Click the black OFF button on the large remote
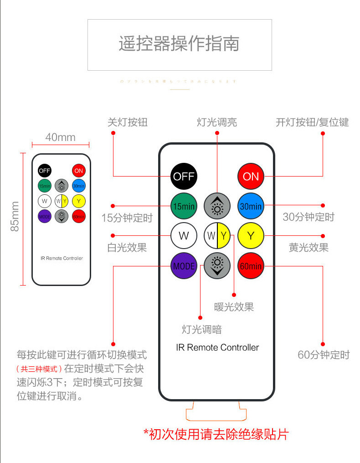[184, 176]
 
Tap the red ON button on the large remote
[251, 176]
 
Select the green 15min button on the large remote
[184, 206]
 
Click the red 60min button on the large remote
[251, 265]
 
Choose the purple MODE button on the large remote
[184, 265]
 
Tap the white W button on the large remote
[184, 236]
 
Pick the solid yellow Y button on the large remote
[251, 236]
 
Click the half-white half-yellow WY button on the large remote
[217, 236]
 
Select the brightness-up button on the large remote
[217, 206]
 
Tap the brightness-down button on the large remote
[217, 265]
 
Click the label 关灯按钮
[128, 122]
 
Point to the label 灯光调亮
[217, 122]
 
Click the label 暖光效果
[234, 307]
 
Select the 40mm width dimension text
[61, 137]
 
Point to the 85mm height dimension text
[15, 216]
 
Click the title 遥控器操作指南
[179, 44]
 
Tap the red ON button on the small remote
[79, 171]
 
